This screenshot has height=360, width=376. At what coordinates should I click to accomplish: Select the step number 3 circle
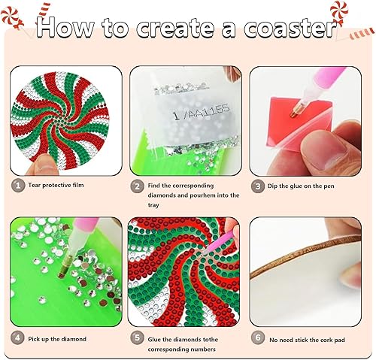[257, 184]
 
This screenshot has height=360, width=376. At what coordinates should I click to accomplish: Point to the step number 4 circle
[17, 338]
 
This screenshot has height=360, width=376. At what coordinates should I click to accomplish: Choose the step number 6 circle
[257, 338]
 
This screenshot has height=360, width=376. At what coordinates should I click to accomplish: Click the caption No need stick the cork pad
[312, 339]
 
